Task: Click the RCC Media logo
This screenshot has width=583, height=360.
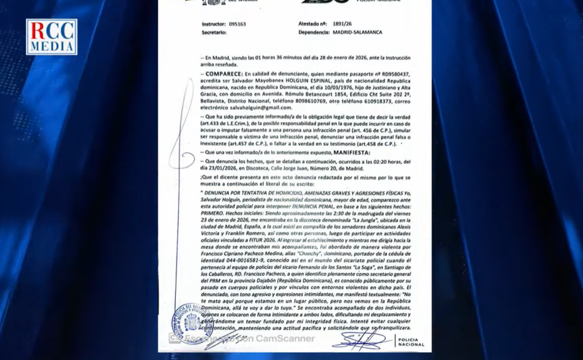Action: pyautogui.click(x=51, y=36)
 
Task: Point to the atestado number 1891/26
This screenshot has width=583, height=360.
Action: pyautogui.click(x=340, y=24)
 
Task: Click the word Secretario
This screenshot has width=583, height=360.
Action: pyautogui.click(x=214, y=32)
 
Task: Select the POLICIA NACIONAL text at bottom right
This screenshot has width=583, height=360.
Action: pyautogui.click(x=410, y=341)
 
